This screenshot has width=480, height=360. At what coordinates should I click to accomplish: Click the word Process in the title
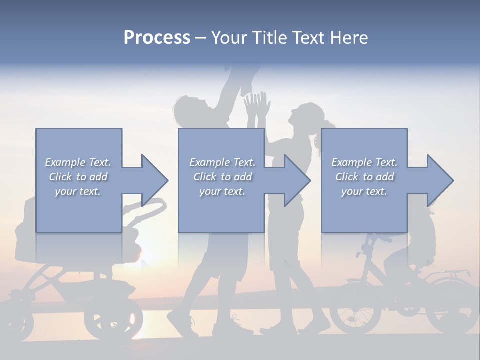click(157, 38)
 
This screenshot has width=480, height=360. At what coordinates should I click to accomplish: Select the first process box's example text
click(78, 177)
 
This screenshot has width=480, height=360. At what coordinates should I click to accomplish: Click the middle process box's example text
click(222, 177)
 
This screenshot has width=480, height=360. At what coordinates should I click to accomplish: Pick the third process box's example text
click(364, 177)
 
